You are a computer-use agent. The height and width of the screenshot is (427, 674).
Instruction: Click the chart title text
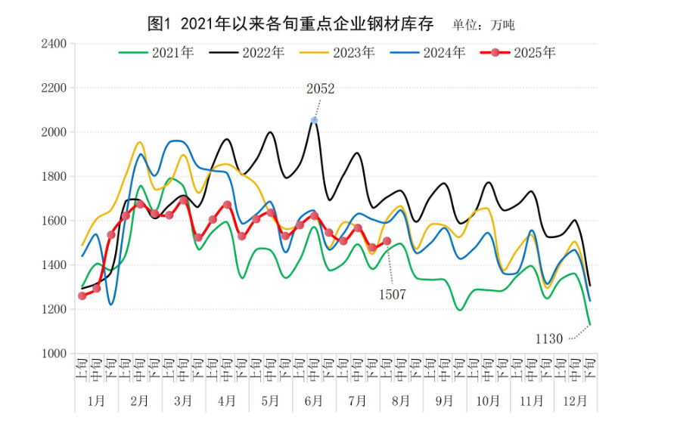point(290,24)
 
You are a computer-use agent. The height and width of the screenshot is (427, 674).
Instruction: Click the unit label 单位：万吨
point(483,25)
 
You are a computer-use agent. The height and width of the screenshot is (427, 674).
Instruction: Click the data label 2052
point(320,89)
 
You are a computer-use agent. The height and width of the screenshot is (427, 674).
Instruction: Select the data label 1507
point(392,295)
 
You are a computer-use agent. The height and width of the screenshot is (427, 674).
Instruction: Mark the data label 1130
point(549,339)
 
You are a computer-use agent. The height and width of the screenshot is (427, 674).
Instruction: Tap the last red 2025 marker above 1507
point(387,241)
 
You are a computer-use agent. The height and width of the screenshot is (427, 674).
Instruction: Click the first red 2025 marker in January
point(82,295)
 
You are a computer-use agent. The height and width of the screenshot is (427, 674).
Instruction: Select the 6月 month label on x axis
point(314,400)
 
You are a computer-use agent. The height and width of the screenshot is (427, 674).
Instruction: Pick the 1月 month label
point(96,400)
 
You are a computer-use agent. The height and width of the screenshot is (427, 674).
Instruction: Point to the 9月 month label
point(445,400)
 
